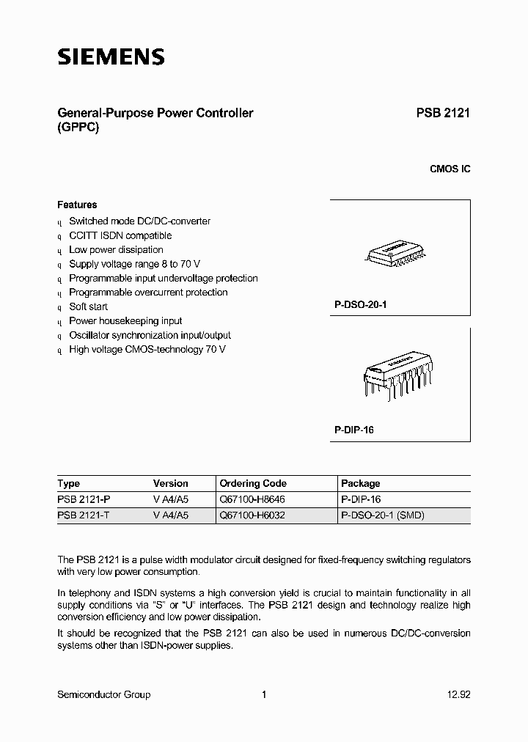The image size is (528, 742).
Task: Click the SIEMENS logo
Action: coord(111,57)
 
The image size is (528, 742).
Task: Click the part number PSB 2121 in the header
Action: coord(443,114)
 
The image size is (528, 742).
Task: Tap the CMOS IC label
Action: coord(450,169)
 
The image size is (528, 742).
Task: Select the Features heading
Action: coord(77,205)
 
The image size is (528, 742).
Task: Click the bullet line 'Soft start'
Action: coord(88,306)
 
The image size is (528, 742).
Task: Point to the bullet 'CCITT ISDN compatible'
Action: coord(120,235)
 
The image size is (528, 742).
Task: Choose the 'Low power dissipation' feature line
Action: coord(116,250)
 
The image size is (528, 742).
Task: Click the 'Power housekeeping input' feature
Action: coord(125,321)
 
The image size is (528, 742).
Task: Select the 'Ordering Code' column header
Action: coord(253,484)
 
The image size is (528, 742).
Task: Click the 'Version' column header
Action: coord(170,484)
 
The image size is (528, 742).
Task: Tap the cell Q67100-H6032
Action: coord(252,515)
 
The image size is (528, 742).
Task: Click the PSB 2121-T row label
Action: coord(84,515)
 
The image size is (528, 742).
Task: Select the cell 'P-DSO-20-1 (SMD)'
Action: coord(383,515)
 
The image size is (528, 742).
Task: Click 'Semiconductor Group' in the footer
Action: coord(103,695)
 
